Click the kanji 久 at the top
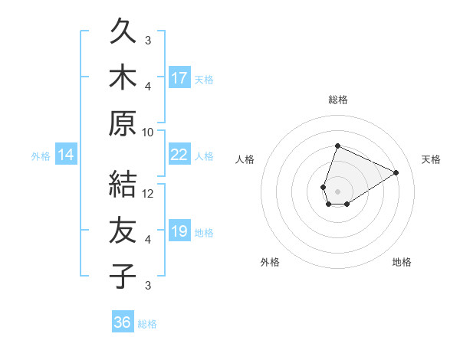pyautogui.click(x=123, y=34)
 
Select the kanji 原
pyautogui.click(x=123, y=124)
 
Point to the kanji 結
pyautogui.click(x=123, y=185)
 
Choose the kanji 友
pyautogui.click(x=123, y=231)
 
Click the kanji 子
pyautogui.click(x=123, y=276)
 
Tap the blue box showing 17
pyautogui.click(x=179, y=77)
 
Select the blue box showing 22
pyautogui.click(x=179, y=155)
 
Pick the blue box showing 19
pyautogui.click(x=179, y=231)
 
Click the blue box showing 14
pyautogui.click(x=66, y=155)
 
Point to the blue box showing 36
pyautogui.click(x=123, y=322)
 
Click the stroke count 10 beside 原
pyautogui.click(x=148, y=132)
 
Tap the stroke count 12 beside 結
pyautogui.click(x=148, y=193)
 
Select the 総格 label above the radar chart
pyautogui.click(x=337, y=100)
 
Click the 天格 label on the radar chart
pyautogui.click(x=431, y=159)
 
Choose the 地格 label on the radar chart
pyautogui.click(x=402, y=262)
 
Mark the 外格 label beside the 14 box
pyautogui.click(x=41, y=156)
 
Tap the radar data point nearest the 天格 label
pyautogui.click(x=396, y=172)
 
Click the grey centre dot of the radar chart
pyautogui.click(x=337, y=190)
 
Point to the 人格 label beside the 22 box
pyautogui.click(x=204, y=156)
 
